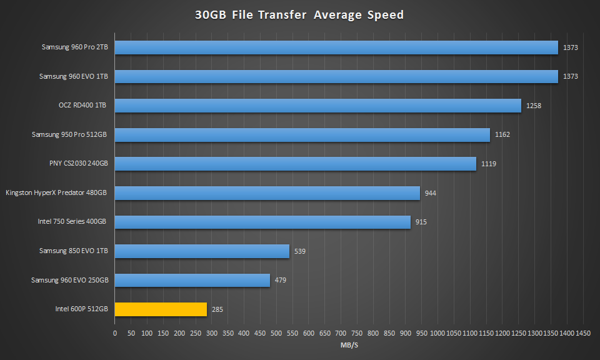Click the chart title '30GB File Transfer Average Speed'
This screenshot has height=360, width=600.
pyautogui.click(x=299, y=15)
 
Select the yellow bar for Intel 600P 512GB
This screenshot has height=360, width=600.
pyautogui.click(x=161, y=309)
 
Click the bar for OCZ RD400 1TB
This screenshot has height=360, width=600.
pyautogui.click(x=317, y=106)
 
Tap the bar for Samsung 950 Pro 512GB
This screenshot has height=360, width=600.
pyautogui.click(x=302, y=134)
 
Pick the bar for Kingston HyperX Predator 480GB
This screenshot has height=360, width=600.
pyautogui.click(x=267, y=192)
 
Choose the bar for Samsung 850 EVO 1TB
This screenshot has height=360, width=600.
pyautogui.click(x=202, y=251)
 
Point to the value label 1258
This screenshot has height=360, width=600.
pyautogui.click(x=534, y=106)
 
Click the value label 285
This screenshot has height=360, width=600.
pyautogui.click(x=217, y=309)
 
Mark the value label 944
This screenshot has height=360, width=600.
pyautogui.click(x=430, y=193)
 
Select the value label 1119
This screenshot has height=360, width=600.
pyautogui.click(x=489, y=164)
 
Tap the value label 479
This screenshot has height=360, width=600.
pyautogui.click(x=281, y=280)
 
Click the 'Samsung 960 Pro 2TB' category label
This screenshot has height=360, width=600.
pyautogui.click(x=74, y=47)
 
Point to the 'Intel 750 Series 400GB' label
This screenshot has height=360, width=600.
pyautogui.click(x=72, y=221)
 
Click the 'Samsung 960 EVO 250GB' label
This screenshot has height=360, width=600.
pyautogui.click(x=70, y=279)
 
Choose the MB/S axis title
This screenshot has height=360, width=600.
pyautogui.click(x=348, y=344)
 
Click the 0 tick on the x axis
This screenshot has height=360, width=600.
pyautogui.click(x=115, y=333)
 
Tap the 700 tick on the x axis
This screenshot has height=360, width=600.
pyautogui.click(x=341, y=333)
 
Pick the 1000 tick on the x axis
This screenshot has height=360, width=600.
pyautogui.click(x=438, y=333)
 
